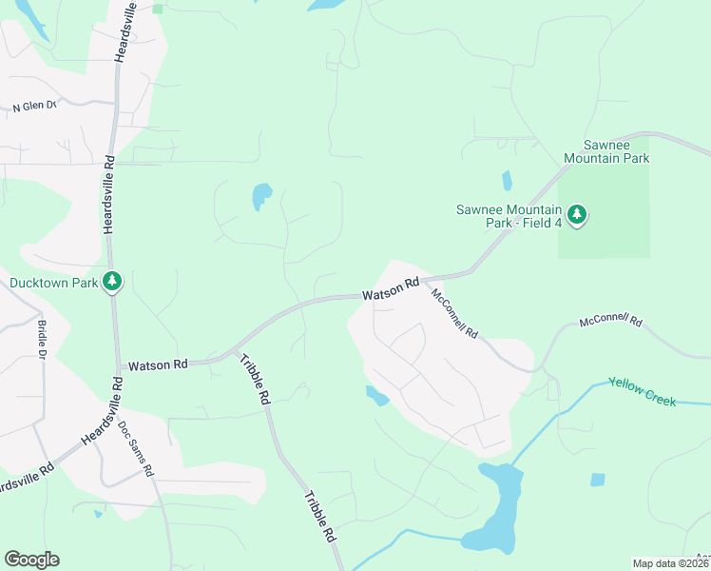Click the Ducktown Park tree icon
pyautogui.click(x=113, y=281)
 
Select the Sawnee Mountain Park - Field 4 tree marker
pyautogui.click(x=576, y=215)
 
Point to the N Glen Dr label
pyautogui.click(x=35, y=107)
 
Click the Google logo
pyautogui.click(x=31, y=560)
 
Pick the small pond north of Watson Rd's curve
pyautogui.click(x=261, y=197)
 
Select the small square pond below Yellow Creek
pyautogui.click(x=597, y=480)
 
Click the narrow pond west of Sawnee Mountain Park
pyautogui.click(x=507, y=180)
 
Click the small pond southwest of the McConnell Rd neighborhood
pyautogui.click(x=377, y=396)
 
